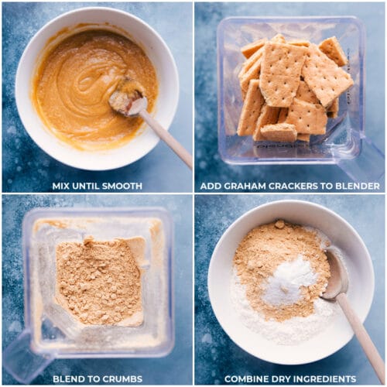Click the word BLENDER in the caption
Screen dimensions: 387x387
tap(358, 186)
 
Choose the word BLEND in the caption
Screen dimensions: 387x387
tap(68, 378)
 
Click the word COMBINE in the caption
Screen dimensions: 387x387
tap(247, 378)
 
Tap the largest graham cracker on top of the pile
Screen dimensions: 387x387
tap(280, 74)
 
